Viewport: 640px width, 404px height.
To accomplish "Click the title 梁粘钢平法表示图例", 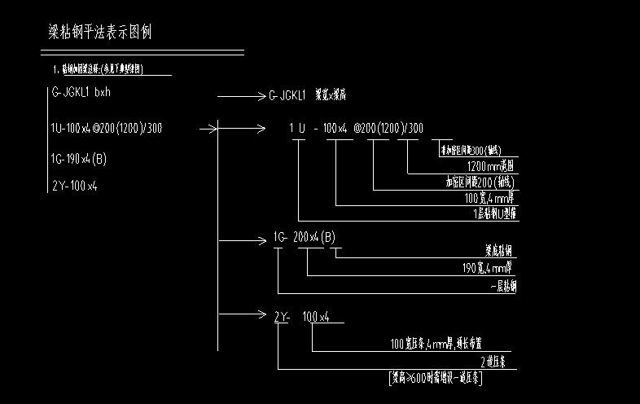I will coord(100,33).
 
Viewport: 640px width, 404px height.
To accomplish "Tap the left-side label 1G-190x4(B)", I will coord(79,158).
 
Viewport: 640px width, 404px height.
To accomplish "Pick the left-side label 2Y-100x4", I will coord(75,187).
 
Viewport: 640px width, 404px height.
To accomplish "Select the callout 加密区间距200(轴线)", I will coord(481,182).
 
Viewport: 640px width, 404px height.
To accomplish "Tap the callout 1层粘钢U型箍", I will coord(495,214).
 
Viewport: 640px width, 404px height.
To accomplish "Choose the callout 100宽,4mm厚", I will coord(491,198).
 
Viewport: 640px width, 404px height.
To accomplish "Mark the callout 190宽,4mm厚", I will coord(489,267).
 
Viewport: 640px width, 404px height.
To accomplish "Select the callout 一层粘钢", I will coord(502,287).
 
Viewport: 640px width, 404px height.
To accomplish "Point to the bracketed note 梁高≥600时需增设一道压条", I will coord(435,378).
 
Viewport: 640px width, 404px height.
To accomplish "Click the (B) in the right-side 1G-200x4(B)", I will coord(327,238).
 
